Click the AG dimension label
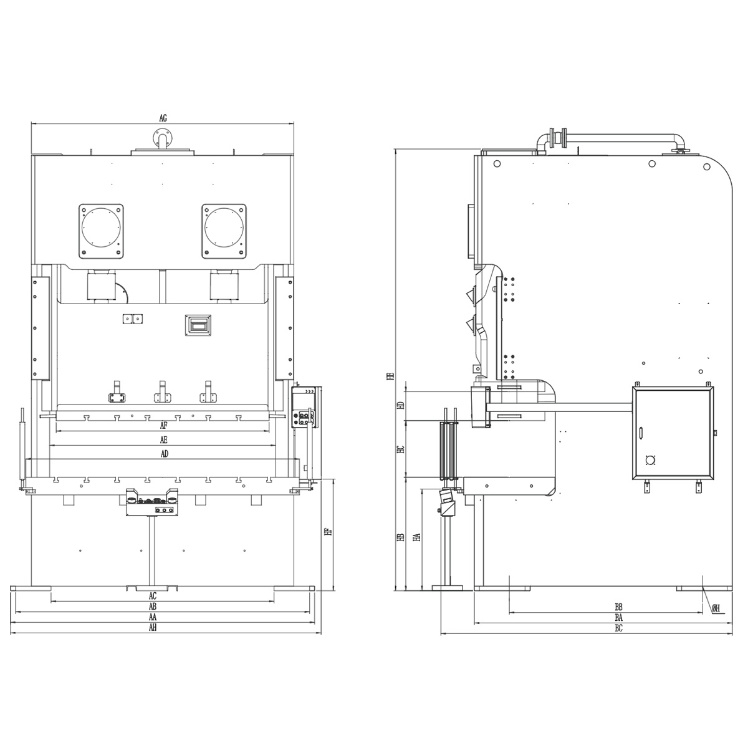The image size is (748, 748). point(163,118)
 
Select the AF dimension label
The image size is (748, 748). point(164,426)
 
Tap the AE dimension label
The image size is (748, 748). point(164,440)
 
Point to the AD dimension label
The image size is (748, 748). point(165,454)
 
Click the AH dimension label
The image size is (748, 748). point(153,628)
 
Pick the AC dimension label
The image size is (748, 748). point(153,596)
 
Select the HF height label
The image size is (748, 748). point(328,532)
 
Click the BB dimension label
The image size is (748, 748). point(619,607)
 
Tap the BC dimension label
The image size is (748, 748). point(619,628)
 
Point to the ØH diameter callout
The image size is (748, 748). point(716,608)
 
